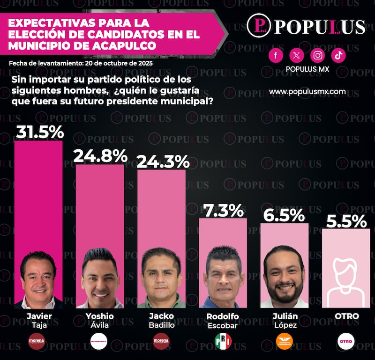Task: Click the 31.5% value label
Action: tap(39, 132)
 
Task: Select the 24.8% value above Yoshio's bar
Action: tap(100, 155)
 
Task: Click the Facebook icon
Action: tap(276, 56)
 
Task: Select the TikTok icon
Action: tap(338, 56)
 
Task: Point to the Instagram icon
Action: tap(318, 56)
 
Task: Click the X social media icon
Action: tap(296, 56)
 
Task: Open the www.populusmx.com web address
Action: tap(307, 91)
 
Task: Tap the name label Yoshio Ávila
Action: tap(100, 321)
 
